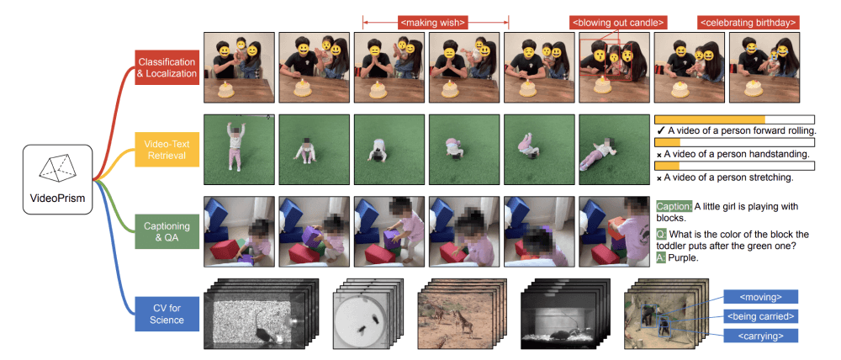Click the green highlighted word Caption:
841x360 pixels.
(x=674, y=206)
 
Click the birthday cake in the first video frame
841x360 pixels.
(x=226, y=87)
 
